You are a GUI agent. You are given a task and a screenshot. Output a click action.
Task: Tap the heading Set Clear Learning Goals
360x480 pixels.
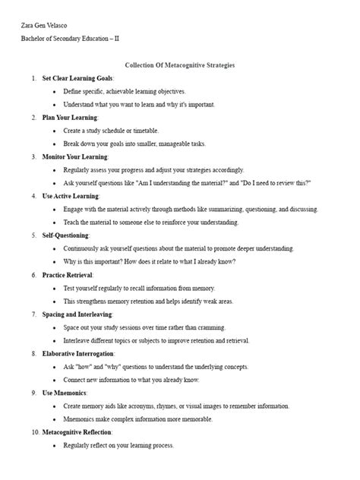77,78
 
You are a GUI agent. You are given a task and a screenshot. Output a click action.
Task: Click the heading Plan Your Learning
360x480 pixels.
70,118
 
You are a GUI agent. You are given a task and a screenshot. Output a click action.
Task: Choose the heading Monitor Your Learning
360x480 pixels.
75,156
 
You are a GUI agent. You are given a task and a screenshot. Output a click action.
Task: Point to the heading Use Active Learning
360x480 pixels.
71,196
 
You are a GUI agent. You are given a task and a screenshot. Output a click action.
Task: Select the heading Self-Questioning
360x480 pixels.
66,235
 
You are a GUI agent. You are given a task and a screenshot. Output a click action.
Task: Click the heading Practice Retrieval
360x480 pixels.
68,274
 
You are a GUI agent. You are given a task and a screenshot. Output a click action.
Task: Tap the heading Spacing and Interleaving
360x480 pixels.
77,314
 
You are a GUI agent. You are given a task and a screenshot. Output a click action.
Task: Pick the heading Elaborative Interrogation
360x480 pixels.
78,353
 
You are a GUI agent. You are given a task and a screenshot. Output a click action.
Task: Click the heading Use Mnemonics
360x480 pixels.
65,393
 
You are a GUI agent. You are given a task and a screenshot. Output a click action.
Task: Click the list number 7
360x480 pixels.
33,314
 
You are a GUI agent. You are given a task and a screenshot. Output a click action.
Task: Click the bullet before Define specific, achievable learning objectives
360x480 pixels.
55,91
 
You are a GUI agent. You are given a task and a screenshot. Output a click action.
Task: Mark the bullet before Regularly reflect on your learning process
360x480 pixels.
55,445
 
